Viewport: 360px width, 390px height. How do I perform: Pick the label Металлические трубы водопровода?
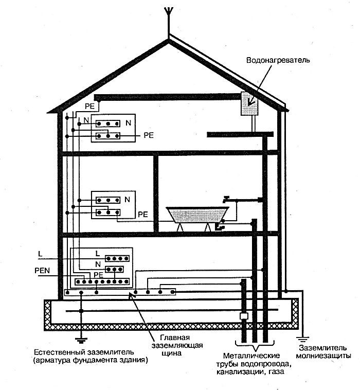pos(251,363)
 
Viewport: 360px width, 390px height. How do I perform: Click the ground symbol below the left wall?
pos(81,339)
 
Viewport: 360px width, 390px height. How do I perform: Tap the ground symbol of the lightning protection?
pos(303,338)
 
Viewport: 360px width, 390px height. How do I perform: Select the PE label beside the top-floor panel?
pos(149,136)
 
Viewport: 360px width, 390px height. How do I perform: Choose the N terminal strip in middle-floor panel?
pos(107,199)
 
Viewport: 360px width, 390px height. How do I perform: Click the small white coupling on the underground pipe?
pos(244,316)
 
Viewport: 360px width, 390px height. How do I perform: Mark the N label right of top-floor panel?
pos(128,123)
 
